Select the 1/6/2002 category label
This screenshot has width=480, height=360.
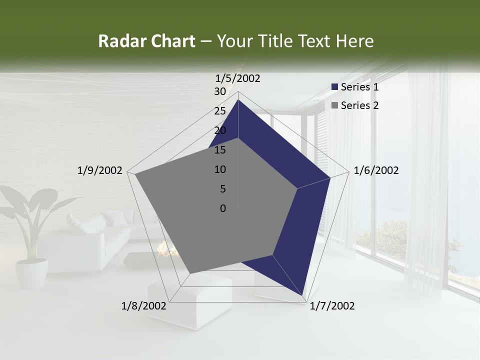coord(376,170)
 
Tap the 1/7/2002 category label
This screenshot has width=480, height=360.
coord(332,306)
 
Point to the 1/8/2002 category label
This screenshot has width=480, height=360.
coord(144,306)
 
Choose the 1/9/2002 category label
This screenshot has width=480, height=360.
coord(100,170)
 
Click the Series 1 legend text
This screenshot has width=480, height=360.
coord(359,87)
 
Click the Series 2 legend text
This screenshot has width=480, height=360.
coord(359,105)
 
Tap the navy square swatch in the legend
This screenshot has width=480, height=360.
coord(335,87)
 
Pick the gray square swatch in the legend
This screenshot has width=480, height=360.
coord(335,105)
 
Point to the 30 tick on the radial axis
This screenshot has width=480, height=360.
coord(220,91)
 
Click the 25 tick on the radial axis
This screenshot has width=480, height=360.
coord(220,111)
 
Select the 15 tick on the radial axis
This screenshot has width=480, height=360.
coord(220,150)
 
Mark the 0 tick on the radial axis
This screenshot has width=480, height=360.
coord(223,208)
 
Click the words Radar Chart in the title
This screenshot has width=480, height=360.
coord(146,41)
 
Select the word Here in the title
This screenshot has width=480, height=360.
coord(355,41)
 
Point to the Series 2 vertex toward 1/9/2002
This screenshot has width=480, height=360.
coord(135,174)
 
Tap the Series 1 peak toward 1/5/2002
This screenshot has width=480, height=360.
coord(238,100)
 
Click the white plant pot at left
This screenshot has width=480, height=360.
coord(32,273)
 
